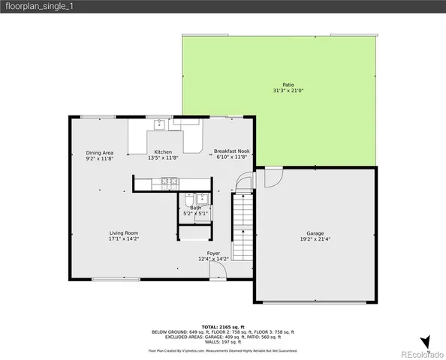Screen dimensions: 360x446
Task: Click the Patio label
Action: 288,85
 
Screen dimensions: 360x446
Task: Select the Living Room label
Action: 124,233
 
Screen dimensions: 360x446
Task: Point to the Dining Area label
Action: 99,152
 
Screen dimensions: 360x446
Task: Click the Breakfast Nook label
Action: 231,152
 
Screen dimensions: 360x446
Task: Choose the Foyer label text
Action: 213,253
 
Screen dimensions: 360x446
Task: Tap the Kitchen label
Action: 163,152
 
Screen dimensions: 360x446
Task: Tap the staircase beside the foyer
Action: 240,225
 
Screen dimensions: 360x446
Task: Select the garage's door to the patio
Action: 272,178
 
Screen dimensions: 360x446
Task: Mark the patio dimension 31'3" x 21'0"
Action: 288,91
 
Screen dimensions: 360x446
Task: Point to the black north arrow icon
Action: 425,340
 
